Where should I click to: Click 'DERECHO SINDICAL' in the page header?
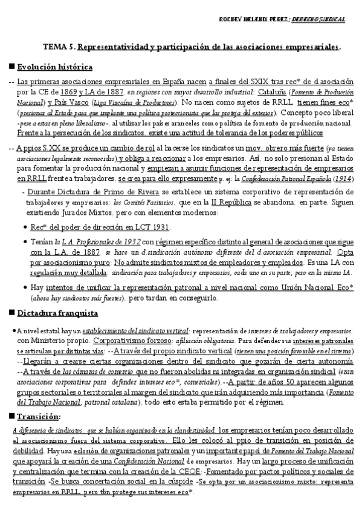pyautogui.click(x=318, y=19)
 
